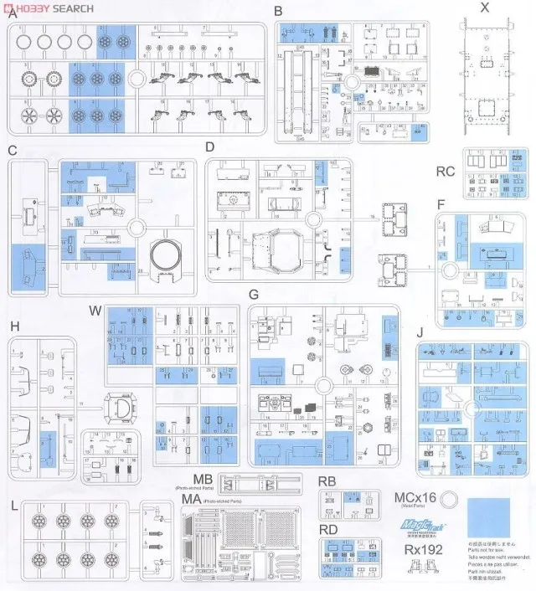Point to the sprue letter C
pos(12,150)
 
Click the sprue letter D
pos(209,147)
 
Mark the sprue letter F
pos(441,203)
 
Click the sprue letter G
pos(252,295)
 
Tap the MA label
pos(192,500)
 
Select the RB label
pos(327,481)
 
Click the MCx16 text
pos(415,498)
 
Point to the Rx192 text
pos(423,550)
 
